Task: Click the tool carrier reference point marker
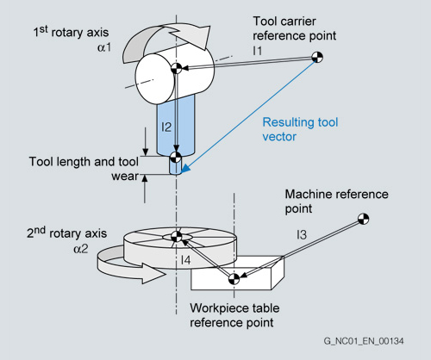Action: coord(317,57)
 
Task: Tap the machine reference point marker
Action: coord(364,219)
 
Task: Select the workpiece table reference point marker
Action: coord(234,279)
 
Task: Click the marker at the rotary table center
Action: coord(177,237)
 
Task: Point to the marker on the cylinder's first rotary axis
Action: coord(177,68)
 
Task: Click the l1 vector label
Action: coord(258,51)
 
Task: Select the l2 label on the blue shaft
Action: coord(166,127)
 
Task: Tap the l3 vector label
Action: coord(302,235)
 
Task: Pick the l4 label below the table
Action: coord(185,260)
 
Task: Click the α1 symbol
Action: coord(104,47)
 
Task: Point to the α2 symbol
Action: coord(81,249)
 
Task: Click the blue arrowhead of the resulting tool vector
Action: coord(184,169)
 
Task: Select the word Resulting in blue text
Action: coord(288,122)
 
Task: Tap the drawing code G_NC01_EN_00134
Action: coord(364,341)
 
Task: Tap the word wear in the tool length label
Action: coord(125,177)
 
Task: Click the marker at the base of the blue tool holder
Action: coord(175,157)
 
